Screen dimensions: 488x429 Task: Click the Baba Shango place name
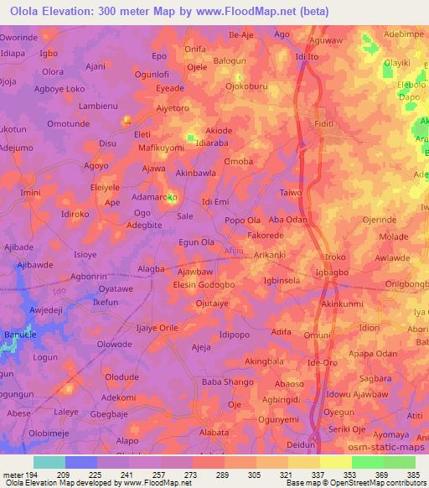(x=228, y=382)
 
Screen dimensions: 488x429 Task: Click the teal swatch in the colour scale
(x=49, y=462)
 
